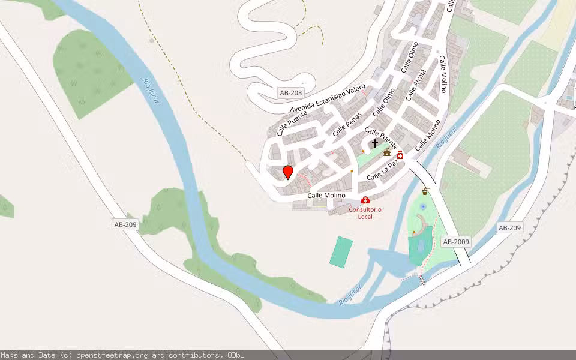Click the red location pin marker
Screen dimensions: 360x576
point(288,172)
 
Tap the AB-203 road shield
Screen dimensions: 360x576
point(291,93)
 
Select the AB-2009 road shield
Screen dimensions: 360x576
point(455,242)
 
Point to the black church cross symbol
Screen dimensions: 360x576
point(375,143)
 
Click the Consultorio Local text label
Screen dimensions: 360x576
point(365,213)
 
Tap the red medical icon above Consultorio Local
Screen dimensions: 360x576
point(365,199)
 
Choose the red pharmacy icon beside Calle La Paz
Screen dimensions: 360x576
point(400,155)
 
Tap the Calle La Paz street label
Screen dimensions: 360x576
point(382,173)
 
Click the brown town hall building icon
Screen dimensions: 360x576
point(387,152)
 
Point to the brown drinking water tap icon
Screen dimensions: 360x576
point(425,191)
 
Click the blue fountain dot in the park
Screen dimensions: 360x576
point(423,206)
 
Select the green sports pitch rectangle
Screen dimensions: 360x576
point(341,252)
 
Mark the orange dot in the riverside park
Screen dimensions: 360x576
point(414,232)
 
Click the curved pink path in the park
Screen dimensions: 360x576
point(425,224)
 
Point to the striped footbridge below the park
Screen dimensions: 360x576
point(422,280)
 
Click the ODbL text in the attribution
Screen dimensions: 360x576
point(236,355)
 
